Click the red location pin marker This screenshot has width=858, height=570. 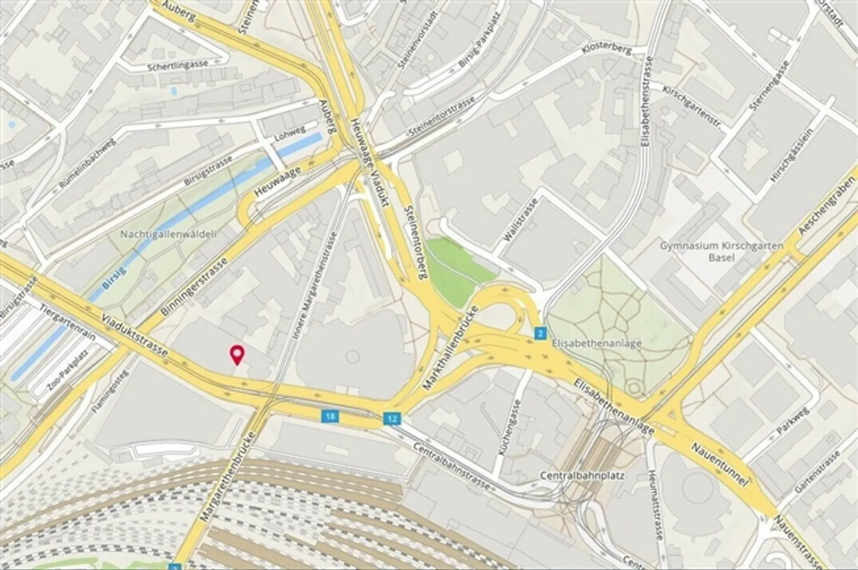tap(238, 354)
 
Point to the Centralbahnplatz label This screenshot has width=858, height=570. tap(573, 476)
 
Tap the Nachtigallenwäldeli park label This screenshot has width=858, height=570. tap(168, 234)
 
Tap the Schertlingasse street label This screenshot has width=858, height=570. tap(178, 66)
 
